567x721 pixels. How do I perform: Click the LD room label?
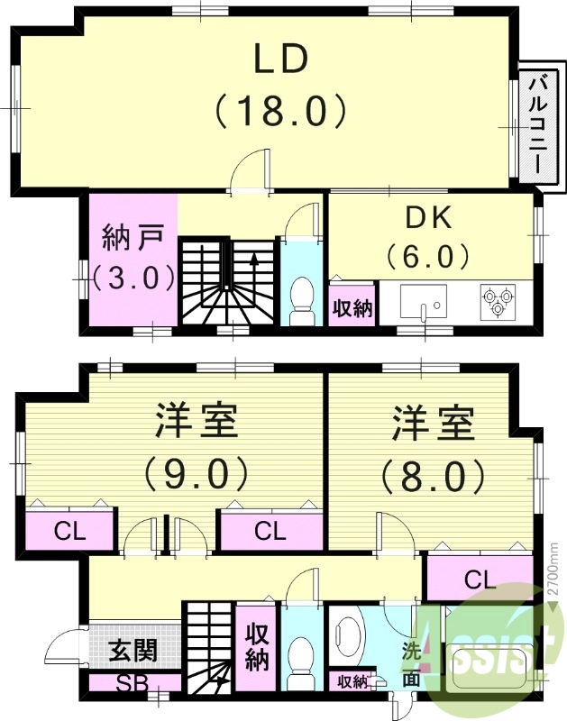coord(280,59)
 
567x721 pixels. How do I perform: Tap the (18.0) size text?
coord(280,112)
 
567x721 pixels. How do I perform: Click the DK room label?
coord(428,218)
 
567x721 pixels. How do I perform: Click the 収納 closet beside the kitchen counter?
coord(352,307)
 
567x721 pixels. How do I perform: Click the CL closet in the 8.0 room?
coord(479,579)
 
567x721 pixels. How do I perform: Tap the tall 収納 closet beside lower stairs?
coord(257,647)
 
